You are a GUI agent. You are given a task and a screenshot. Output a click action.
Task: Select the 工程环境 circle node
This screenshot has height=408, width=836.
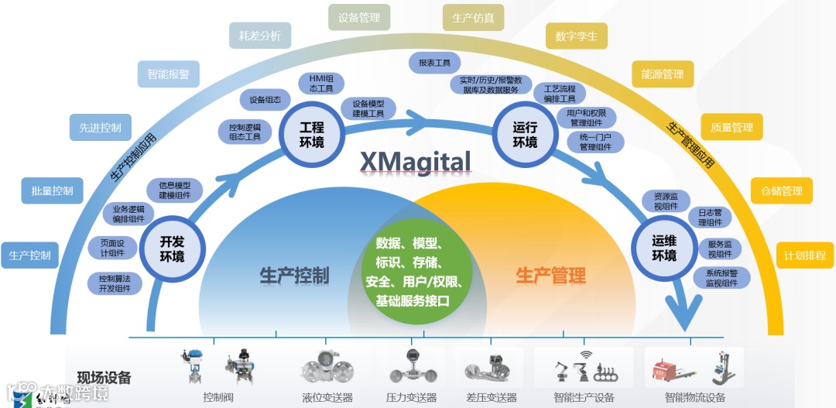[312, 133]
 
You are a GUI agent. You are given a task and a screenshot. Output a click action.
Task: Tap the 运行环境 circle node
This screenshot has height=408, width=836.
[525, 133]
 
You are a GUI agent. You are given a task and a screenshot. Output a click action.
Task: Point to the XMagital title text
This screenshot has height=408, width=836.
[415, 161]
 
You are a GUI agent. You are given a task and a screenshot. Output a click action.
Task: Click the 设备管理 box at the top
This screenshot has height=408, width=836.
[359, 17]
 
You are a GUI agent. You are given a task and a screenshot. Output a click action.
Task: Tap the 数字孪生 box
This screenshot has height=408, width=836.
[576, 36]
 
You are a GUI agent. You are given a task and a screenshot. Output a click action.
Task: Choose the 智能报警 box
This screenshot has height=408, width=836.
[168, 75]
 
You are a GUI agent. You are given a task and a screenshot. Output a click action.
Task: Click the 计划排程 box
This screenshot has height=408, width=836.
[805, 255]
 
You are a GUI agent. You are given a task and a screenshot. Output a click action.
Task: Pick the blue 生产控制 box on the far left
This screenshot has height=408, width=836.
[29, 255]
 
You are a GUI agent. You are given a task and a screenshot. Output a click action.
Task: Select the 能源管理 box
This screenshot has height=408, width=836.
[663, 74]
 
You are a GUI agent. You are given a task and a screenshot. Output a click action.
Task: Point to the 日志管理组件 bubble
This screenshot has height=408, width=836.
[710, 217]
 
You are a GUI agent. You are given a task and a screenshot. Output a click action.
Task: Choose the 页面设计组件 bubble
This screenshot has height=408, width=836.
[112, 247]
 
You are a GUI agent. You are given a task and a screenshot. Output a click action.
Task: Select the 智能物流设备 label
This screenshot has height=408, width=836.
[694, 398]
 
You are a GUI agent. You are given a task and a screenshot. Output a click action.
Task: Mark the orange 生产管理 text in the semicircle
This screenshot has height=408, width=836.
[550, 275]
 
